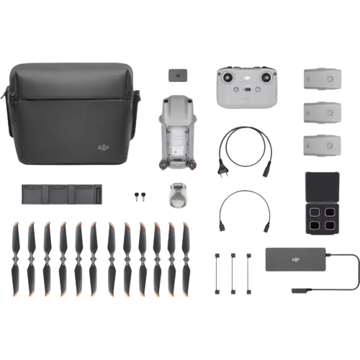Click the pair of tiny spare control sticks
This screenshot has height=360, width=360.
point(139,197)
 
